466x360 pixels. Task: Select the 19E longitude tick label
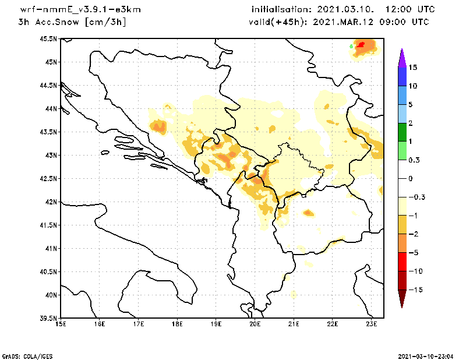click(x=216, y=324)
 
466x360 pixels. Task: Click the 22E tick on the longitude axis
click(x=333, y=324)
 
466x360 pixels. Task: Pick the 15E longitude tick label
click(x=61, y=324)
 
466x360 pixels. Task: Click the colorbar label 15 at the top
click(x=412, y=68)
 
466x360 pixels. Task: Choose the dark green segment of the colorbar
click(x=401, y=132)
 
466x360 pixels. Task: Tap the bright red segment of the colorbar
click(x=401, y=262)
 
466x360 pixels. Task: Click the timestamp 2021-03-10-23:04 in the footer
click(x=428, y=355)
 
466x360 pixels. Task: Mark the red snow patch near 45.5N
click(x=362, y=44)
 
